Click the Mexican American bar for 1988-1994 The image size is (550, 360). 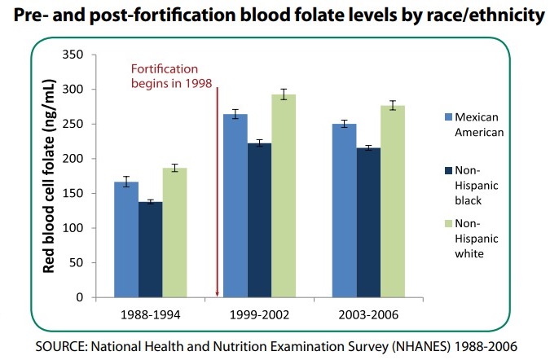[x=125, y=239]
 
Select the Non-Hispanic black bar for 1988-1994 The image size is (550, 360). [x=150, y=249]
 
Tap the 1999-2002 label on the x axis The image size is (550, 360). [x=260, y=313]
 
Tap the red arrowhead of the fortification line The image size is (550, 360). [x=218, y=293]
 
